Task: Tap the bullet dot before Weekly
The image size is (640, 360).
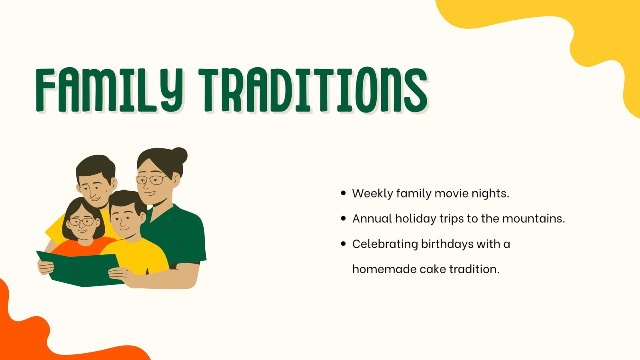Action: coord(344,194)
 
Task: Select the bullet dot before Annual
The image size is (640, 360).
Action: coord(344,218)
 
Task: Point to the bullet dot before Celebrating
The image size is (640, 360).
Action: coord(344,244)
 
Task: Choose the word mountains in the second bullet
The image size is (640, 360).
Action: coord(534,218)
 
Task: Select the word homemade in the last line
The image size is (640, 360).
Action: coord(384,269)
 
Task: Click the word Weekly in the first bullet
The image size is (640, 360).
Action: coord(372,194)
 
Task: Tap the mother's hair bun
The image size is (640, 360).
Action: coord(180,156)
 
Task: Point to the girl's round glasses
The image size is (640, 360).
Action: coord(82,222)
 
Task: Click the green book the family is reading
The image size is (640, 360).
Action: coord(80,269)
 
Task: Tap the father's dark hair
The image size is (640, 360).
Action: coord(96,168)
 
